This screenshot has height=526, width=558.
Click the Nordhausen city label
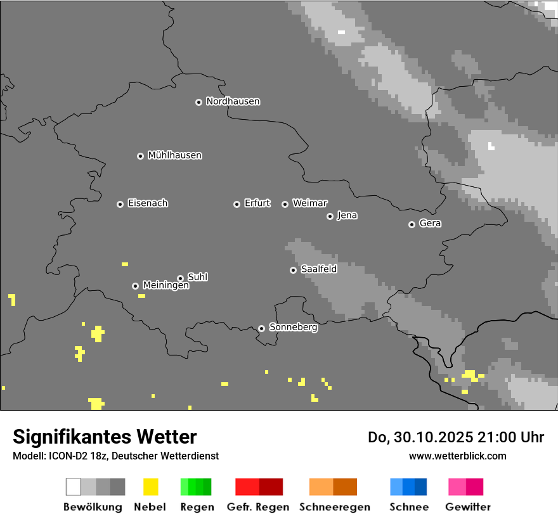pos(233,101)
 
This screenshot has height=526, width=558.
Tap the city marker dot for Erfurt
pos(237,204)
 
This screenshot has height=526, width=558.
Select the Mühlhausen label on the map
pos(174,155)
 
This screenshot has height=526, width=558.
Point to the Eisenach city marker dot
pos(120,204)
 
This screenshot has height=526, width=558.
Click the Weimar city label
pos(309,203)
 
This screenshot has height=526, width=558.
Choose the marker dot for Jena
pos(330,216)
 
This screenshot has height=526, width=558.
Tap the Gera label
pos(430,224)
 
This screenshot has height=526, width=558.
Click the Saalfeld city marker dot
pos(293,270)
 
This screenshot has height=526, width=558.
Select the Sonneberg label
pos(293,328)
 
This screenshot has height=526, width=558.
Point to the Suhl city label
pos(197,277)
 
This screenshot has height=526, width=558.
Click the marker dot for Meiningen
pos(135,286)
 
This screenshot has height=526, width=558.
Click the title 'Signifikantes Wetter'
pos(105,437)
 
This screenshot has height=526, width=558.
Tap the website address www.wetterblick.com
pos(457,456)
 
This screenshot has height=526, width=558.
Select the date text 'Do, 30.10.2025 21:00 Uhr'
pos(455,437)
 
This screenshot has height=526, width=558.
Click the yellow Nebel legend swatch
pos(150,487)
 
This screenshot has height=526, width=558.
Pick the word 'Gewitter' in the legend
pos(468,507)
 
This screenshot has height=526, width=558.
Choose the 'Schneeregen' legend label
pos(333,507)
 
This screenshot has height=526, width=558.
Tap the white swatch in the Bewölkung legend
pos(73,487)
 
